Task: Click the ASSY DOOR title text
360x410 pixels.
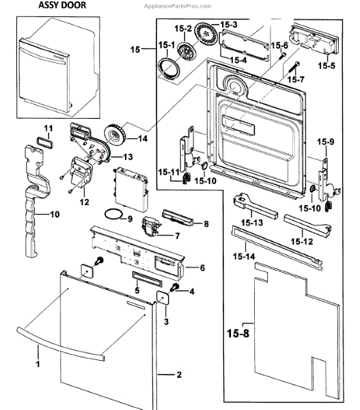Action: tap(62, 5)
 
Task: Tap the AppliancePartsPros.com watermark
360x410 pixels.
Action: tap(178, 6)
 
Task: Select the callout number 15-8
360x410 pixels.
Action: tap(238, 333)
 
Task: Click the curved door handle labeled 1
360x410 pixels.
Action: tap(61, 344)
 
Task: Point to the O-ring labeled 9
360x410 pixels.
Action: tap(113, 215)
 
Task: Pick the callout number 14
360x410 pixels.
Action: tap(143, 138)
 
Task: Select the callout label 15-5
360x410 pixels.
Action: tap(327, 66)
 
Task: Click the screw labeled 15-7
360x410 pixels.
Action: tap(294, 68)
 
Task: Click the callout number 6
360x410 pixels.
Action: tap(202, 268)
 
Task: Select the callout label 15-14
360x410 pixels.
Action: tap(244, 256)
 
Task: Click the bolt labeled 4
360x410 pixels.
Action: tap(175, 288)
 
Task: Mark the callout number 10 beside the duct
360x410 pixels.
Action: tap(55, 215)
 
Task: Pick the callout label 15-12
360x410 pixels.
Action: tap(302, 242)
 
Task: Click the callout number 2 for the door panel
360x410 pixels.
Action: tap(179, 374)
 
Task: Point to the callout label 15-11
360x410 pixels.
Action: tap(169, 172)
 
